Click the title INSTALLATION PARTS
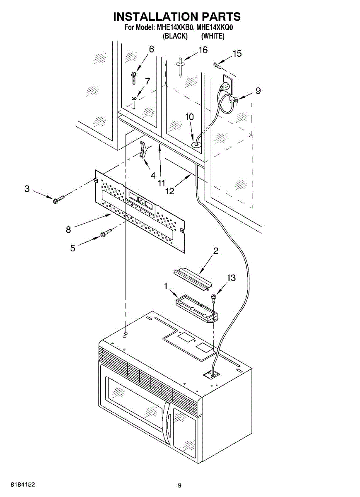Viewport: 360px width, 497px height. click(x=177, y=17)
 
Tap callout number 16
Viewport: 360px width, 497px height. click(x=203, y=50)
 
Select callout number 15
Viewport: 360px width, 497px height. click(x=237, y=53)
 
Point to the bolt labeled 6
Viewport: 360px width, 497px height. click(x=134, y=75)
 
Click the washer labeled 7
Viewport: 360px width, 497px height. click(x=134, y=98)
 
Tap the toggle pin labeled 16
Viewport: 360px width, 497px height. click(x=181, y=66)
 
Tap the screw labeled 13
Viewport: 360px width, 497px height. click(x=215, y=297)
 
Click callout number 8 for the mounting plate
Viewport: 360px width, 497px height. click(x=68, y=229)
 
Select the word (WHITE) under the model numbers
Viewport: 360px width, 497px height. click(x=213, y=36)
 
